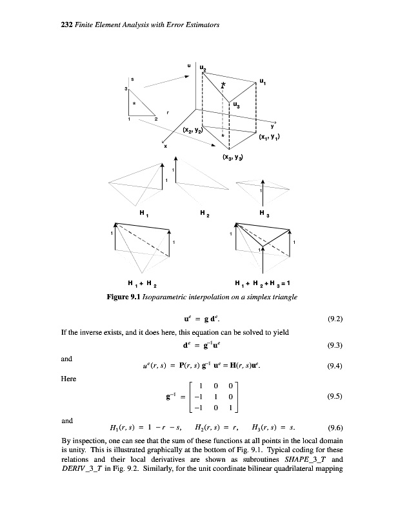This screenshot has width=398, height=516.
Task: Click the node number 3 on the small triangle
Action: [126, 88]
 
